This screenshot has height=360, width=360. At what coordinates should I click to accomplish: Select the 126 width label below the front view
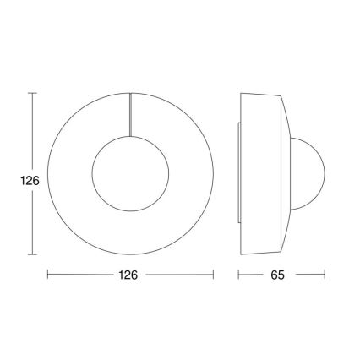[130, 275]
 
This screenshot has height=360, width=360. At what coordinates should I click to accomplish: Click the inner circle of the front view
[130, 175]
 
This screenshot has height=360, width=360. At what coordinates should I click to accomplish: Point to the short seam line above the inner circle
[130, 112]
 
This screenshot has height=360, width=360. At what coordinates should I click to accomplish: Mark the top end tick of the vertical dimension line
[32, 92]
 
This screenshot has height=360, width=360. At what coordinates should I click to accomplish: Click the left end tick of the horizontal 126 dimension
[47, 275]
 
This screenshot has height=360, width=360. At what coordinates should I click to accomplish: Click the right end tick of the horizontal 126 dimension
[213, 275]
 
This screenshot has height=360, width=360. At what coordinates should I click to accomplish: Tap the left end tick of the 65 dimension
[238, 275]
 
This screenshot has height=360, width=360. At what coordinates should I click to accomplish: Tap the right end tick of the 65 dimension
[325, 275]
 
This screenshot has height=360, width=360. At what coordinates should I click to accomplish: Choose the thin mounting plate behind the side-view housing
[239, 175]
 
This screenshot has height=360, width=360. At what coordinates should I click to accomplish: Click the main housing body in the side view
[262, 175]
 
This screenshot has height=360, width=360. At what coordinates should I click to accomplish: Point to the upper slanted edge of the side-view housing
[286, 113]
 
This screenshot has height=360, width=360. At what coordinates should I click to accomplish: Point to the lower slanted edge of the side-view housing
[286, 237]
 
